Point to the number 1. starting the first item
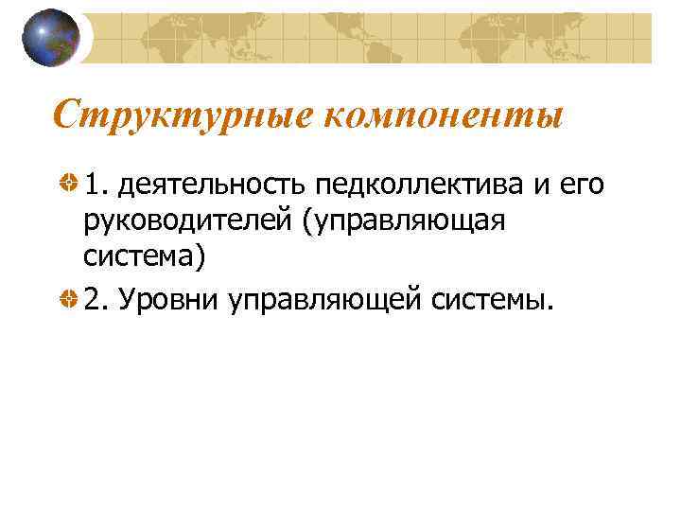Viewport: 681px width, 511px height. coord(96,185)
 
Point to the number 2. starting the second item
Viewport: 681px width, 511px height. coord(96,300)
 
